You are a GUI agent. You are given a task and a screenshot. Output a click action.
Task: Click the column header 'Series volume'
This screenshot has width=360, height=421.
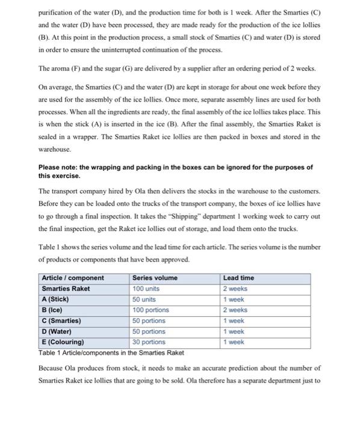click(155, 278)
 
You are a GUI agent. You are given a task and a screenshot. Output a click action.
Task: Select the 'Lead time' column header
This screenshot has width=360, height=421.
click(238, 278)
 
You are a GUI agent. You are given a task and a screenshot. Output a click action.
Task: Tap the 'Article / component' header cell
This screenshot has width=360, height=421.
click(73, 278)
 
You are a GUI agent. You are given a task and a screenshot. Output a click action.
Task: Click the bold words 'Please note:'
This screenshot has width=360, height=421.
click(58, 167)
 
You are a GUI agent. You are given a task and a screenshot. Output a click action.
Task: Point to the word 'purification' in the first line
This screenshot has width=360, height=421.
click(59, 11)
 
